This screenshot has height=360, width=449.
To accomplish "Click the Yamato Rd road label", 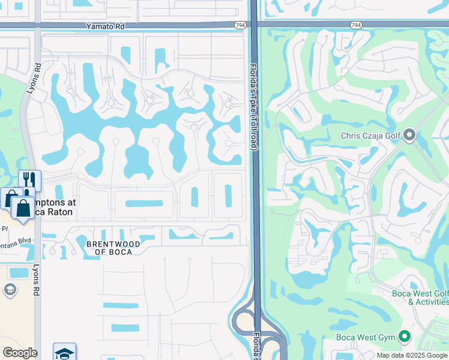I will point(105,26).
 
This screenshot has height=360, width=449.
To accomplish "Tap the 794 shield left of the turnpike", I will point(240,25).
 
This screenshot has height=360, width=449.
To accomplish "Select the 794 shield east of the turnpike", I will point(355,25).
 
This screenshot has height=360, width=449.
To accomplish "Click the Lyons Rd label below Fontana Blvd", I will point(37,280).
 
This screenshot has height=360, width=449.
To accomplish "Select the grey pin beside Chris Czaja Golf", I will point(409,135).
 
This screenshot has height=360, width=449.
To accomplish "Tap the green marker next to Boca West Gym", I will point(405,337).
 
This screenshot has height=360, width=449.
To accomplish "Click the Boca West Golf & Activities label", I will point(420,298).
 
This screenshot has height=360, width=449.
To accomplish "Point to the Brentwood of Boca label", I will point(113,248).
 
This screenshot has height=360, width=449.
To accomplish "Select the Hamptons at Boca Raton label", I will point(54,208).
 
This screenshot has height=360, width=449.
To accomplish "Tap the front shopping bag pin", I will point(23,208).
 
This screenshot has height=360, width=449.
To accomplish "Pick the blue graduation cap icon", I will point(64,352).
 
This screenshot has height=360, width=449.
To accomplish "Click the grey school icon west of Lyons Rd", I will point(10,290).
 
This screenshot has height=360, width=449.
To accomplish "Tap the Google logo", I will point(19,353).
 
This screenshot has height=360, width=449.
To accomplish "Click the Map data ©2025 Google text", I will point(411,355).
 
